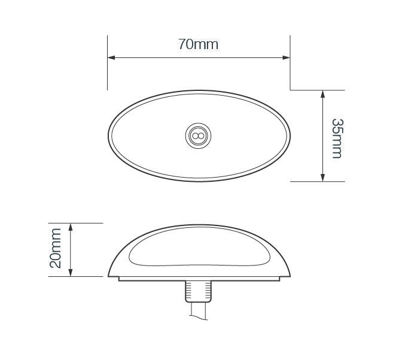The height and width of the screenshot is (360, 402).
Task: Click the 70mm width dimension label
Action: (198, 44)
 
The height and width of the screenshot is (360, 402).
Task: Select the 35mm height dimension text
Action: (337, 138)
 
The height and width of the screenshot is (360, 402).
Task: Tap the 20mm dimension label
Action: (56, 248)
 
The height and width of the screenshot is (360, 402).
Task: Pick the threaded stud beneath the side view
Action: (199, 291)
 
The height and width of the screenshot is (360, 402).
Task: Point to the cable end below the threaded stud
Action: (199, 310)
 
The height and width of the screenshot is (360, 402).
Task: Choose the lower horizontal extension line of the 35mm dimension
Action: (317, 181)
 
